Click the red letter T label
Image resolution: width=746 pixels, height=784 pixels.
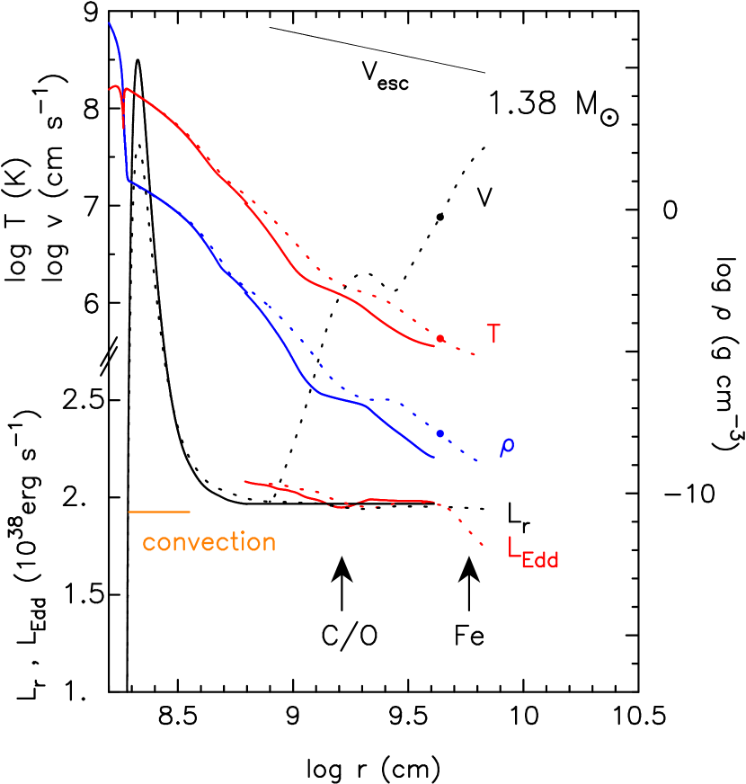[493, 334]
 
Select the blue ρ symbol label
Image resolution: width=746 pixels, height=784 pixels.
[507, 447]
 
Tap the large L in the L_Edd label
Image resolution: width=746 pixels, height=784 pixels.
[513, 548]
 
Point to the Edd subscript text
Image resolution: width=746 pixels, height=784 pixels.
[540, 560]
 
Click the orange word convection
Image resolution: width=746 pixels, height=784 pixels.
[209, 543]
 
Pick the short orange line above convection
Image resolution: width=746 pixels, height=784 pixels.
[159, 512]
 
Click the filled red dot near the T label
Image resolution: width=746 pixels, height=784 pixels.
[440, 339]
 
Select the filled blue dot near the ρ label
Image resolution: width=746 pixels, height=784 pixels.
[440, 433]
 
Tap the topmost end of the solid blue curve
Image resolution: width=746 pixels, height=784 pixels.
[110, 23]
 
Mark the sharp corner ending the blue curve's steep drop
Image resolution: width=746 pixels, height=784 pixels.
[128, 181]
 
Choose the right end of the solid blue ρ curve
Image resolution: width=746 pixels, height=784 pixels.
[434, 458]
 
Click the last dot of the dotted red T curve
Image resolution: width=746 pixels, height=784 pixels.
[474, 355]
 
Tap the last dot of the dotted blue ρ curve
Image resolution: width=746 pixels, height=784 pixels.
[479, 461]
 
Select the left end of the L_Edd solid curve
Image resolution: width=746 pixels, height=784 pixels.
[245, 481]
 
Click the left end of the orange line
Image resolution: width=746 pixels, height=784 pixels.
[129, 512]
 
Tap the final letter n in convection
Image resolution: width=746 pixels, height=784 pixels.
[269, 544]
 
